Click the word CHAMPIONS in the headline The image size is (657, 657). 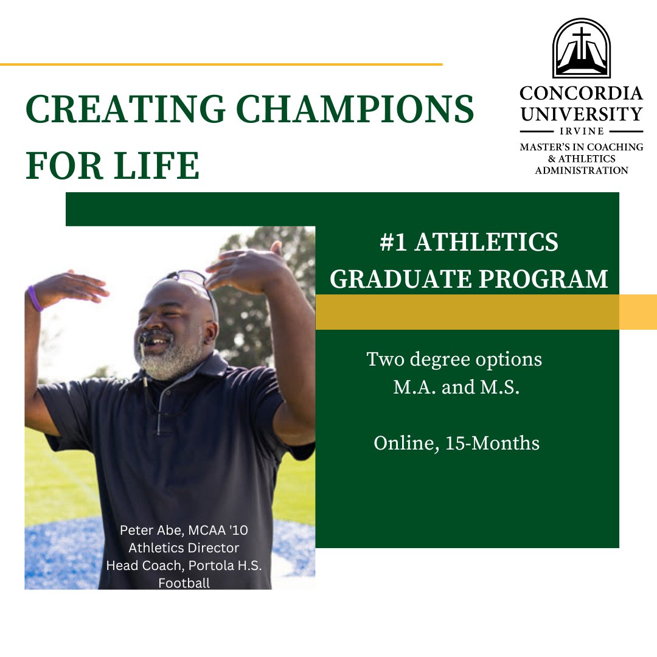tap(355, 110)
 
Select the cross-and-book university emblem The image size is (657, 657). tap(581, 48)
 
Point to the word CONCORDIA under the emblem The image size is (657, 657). tap(581, 94)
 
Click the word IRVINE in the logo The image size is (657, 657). tap(581, 131)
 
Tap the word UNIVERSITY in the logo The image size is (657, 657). tap(581, 114)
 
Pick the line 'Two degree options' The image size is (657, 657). tap(454, 360)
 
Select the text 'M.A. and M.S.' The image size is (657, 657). tap(456, 388)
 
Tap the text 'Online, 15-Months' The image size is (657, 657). tap(456, 443)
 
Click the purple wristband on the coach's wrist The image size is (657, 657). tap(35, 298)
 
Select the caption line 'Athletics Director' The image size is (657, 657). tap(184, 547)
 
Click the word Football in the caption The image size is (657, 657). tap(184, 583)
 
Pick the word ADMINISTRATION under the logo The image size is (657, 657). tap(581, 170)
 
